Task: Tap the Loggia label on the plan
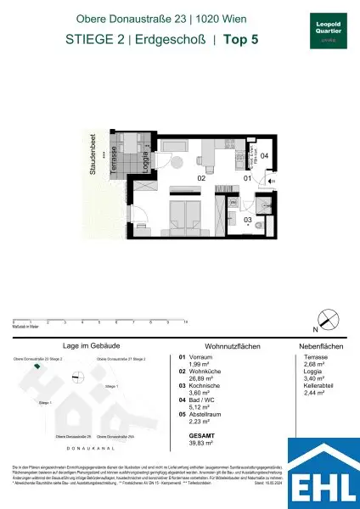[146, 159]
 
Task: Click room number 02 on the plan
[203, 179]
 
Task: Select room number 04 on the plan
[264, 156]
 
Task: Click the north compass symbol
[327, 322]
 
